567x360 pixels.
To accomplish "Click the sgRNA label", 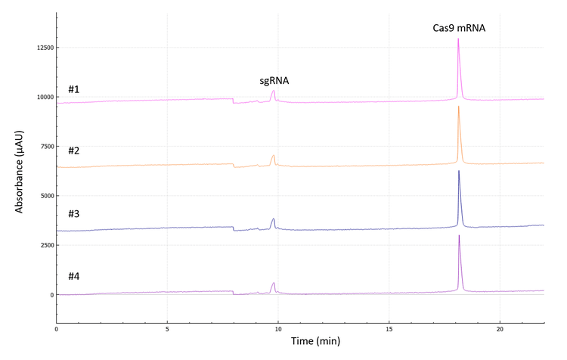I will click(x=274, y=80).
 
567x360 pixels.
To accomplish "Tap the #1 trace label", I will click(x=74, y=89).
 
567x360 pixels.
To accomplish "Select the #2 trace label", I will click(x=74, y=151).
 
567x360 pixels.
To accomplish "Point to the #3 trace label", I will click(x=74, y=214).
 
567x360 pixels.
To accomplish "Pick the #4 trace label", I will click(x=74, y=277).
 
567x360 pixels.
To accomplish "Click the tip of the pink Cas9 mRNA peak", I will click(x=458, y=39).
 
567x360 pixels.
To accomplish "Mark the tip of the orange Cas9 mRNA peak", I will click(x=458, y=107).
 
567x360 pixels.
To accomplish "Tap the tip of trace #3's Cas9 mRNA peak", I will click(x=459, y=171).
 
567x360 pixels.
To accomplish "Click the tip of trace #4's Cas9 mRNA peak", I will click(x=459, y=236).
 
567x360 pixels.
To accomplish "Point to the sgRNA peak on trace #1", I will click(x=273, y=92).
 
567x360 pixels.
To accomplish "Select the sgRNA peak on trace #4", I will click(x=273, y=283).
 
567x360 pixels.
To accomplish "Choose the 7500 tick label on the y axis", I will click(x=43, y=147).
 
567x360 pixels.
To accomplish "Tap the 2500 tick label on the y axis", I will click(x=43, y=246).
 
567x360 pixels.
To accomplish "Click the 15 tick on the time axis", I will click(x=389, y=329).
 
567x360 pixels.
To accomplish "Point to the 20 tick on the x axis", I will click(x=500, y=329).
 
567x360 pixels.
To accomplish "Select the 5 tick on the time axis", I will click(x=167, y=329).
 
